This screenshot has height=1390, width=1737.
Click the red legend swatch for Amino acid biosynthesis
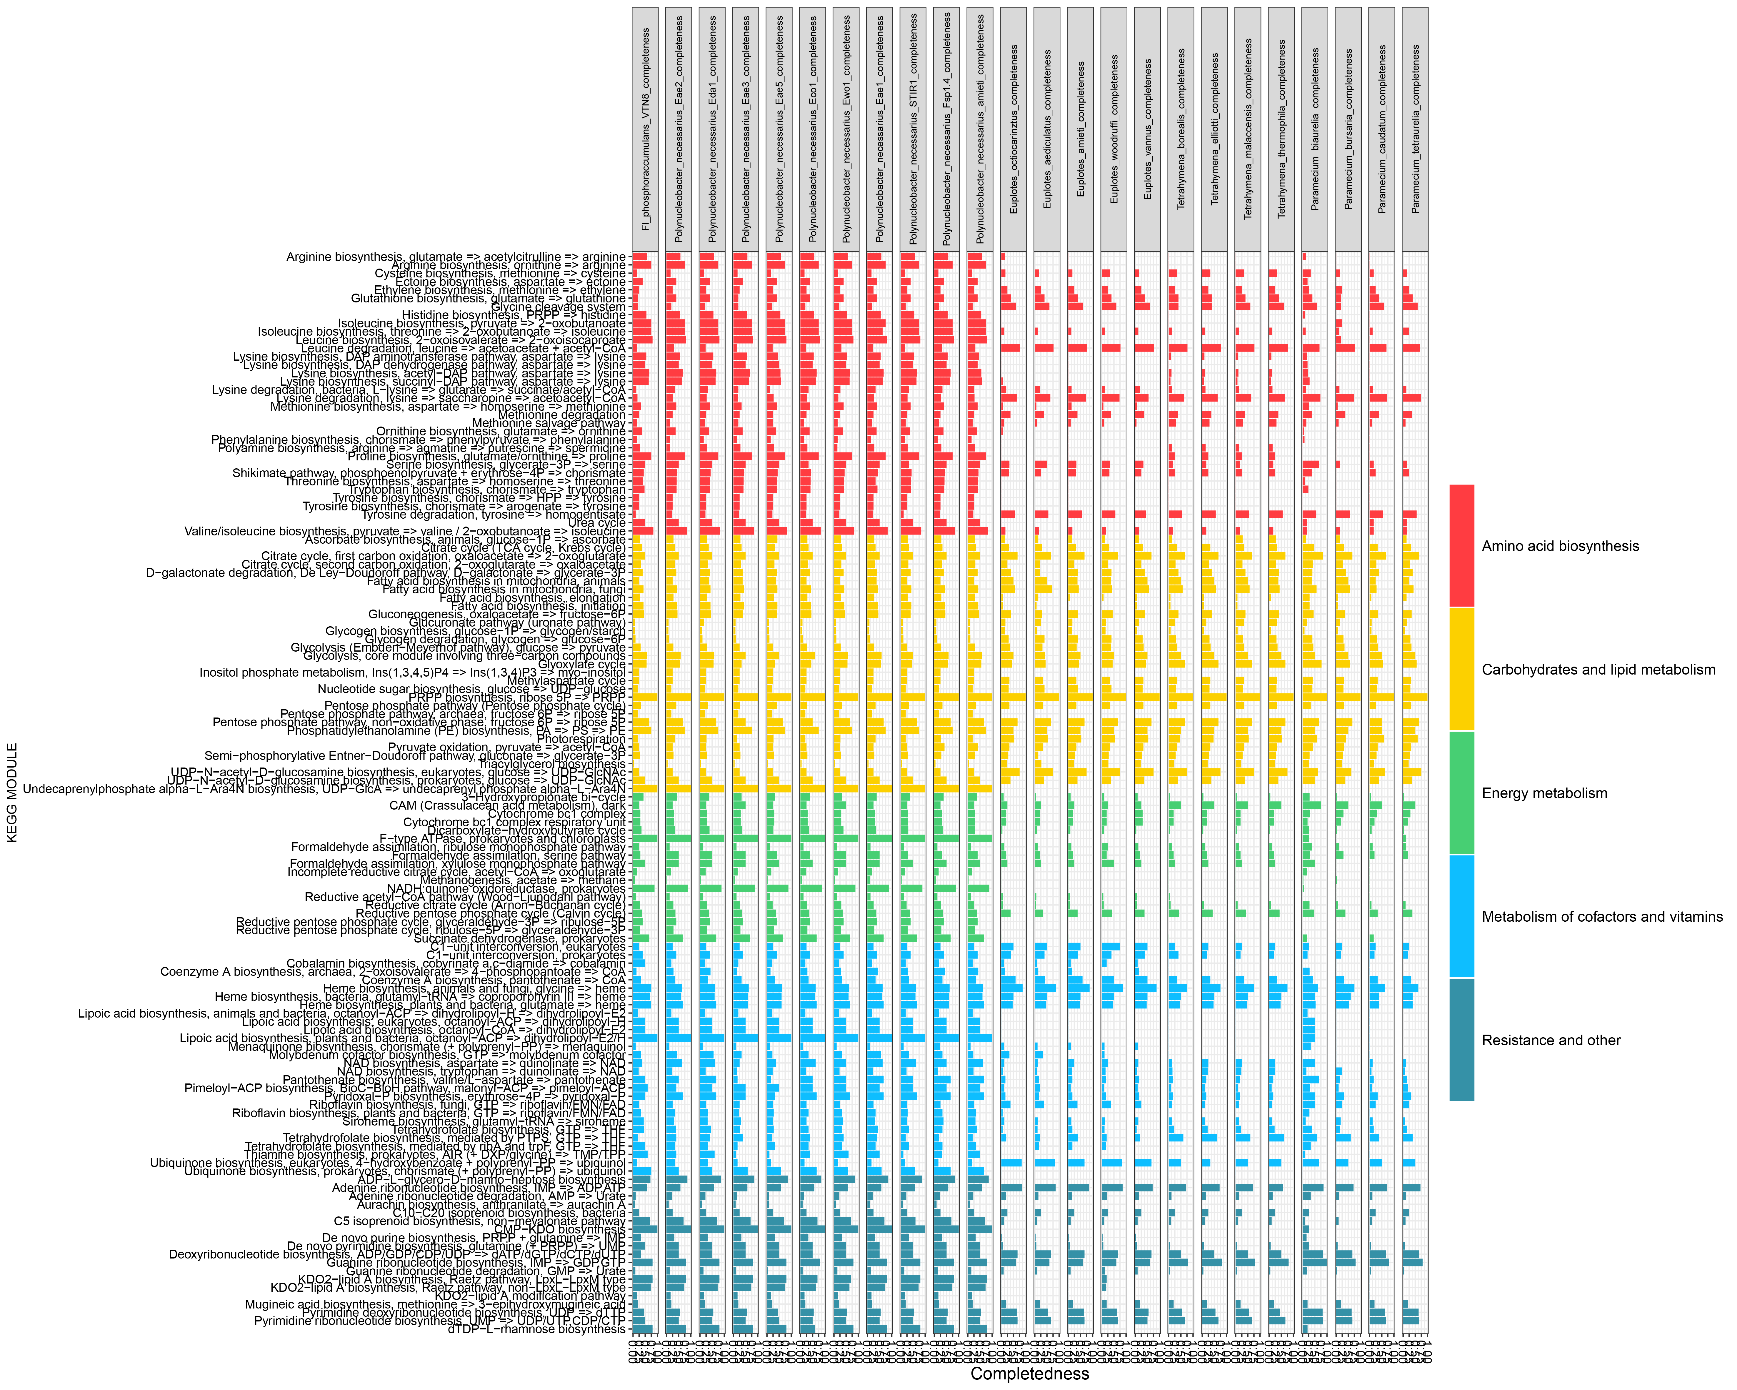tap(1461, 545)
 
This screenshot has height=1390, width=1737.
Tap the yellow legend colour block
tap(1461, 669)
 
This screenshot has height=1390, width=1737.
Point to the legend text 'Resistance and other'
tap(1551, 1040)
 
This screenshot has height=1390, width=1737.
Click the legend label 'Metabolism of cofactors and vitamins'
tap(1602, 916)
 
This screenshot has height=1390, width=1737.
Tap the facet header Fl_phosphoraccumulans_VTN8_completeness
tap(645, 129)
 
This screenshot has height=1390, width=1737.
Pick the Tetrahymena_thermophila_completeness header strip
tap(1281, 129)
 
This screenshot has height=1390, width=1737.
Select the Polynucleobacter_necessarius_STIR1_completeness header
tap(913, 129)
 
